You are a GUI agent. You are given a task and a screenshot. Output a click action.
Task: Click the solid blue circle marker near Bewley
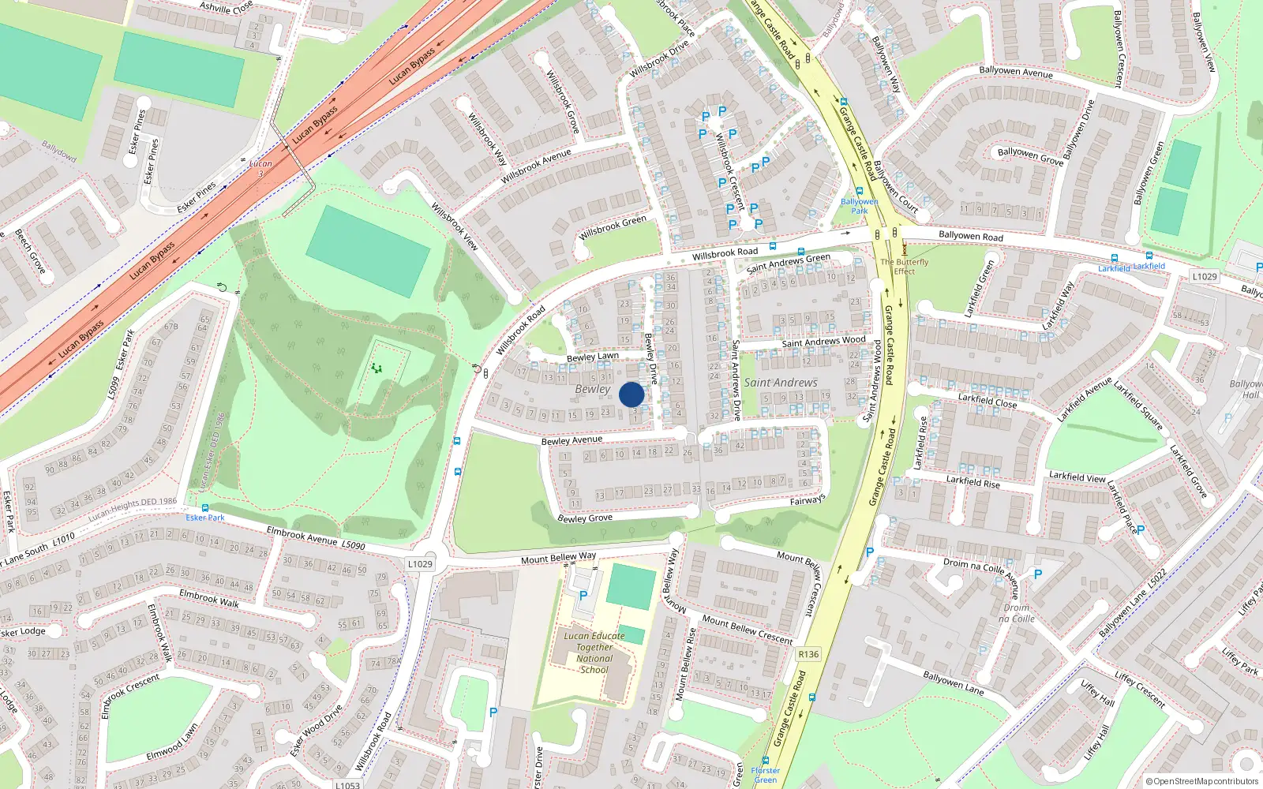(x=631, y=394)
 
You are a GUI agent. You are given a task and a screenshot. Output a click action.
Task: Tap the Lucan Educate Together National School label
(x=594, y=653)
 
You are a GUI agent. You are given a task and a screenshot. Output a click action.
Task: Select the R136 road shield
(x=808, y=654)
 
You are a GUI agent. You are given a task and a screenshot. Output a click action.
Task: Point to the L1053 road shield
(x=347, y=784)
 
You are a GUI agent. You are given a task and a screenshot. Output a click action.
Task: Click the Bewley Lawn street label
(x=593, y=357)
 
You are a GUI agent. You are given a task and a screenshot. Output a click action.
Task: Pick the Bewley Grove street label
(x=585, y=518)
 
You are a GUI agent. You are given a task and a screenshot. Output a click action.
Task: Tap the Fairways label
(x=808, y=500)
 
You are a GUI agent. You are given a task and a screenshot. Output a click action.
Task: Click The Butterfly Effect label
(x=905, y=267)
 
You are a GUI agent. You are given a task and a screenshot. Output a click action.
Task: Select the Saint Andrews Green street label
(x=789, y=263)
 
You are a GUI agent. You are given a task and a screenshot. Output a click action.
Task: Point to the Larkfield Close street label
(x=988, y=401)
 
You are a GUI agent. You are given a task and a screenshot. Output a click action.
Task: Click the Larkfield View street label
(x=1077, y=477)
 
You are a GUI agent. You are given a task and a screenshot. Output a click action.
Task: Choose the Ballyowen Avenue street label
(x=1016, y=72)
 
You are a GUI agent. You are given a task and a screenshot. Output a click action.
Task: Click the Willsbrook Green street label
(x=613, y=227)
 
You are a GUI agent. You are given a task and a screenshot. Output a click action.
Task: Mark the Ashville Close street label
(x=227, y=7)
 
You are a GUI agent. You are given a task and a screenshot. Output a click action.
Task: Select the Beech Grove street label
(x=31, y=251)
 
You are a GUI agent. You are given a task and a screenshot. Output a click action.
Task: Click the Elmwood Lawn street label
(x=172, y=742)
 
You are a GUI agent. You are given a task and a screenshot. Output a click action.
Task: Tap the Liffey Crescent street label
(x=1140, y=689)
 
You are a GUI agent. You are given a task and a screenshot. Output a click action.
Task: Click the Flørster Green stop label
(x=765, y=775)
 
